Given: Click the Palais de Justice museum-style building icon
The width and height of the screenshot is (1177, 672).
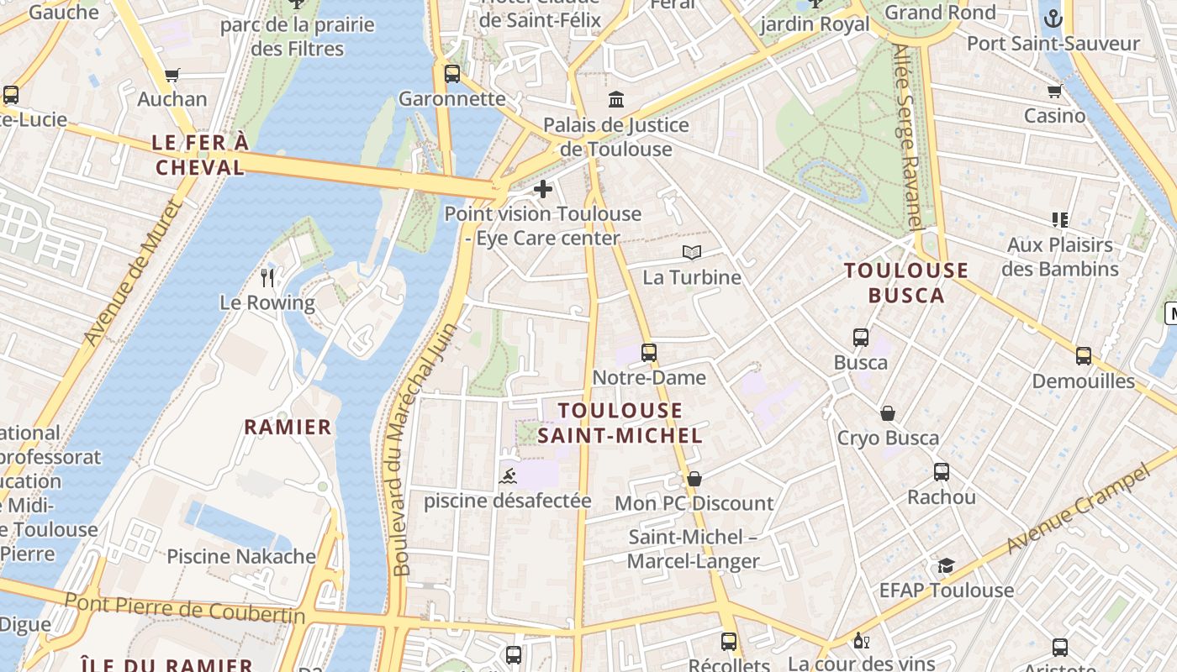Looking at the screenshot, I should tap(616, 100).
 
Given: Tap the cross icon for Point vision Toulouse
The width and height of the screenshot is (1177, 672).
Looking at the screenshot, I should tap(543, 189).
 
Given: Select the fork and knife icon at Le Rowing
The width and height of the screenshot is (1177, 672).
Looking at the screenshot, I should tap(267, 277).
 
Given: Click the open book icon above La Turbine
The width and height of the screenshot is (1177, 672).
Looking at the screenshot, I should tap(692, 252).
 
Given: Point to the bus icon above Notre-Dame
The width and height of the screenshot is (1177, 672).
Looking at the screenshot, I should tap(649, 353).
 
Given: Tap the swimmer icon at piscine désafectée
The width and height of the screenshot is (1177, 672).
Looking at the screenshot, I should tap(507, 477).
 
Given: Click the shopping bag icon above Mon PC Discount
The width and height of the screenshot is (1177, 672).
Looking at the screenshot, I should tap(694, 479).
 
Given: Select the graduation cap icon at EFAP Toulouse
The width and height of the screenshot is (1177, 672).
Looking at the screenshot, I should tap(947, 565).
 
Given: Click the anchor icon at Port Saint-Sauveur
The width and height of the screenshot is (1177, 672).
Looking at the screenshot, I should tap(1052, 18).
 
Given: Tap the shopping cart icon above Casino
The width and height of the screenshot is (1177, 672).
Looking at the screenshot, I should tap(1054, 91).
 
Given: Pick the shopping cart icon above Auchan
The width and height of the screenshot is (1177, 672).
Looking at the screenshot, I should tap(172, 75).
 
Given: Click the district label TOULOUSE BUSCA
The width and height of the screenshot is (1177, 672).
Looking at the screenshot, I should tap(906, 282).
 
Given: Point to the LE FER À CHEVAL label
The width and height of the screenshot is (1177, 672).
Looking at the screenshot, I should tap(200, 155).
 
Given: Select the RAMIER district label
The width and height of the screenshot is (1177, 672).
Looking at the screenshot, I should tap(288, 427).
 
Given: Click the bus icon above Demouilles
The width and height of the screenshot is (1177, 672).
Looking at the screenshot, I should tap(1084, 356).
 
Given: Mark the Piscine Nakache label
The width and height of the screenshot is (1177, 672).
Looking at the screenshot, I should tap(241, 556).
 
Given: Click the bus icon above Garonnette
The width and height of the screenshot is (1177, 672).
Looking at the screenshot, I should tap(452, 74).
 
